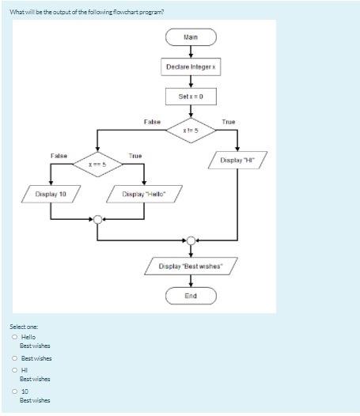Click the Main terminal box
tap(191, 37)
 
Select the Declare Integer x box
tap(191, 67)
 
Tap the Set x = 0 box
tap(191, 96)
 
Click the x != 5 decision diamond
tap(191, 129)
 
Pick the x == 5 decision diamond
tap(97, 165)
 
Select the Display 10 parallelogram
tap(50, 194)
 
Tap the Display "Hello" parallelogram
tap(143, 194)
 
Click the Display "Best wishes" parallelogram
tap(191, 267)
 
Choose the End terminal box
tap(191, 296)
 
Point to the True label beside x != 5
tap(228, 122)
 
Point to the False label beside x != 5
tap(152, 122)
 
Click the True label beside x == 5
tap(135, 156)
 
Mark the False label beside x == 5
tap(59, 156)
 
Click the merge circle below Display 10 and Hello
tap(97, 220)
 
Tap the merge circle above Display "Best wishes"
tap(191, 240)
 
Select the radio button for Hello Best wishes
tap(14, 337)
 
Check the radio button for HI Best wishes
tap(14, 369)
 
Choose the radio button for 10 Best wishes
tap(14, 391)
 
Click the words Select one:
tap(23, 326)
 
